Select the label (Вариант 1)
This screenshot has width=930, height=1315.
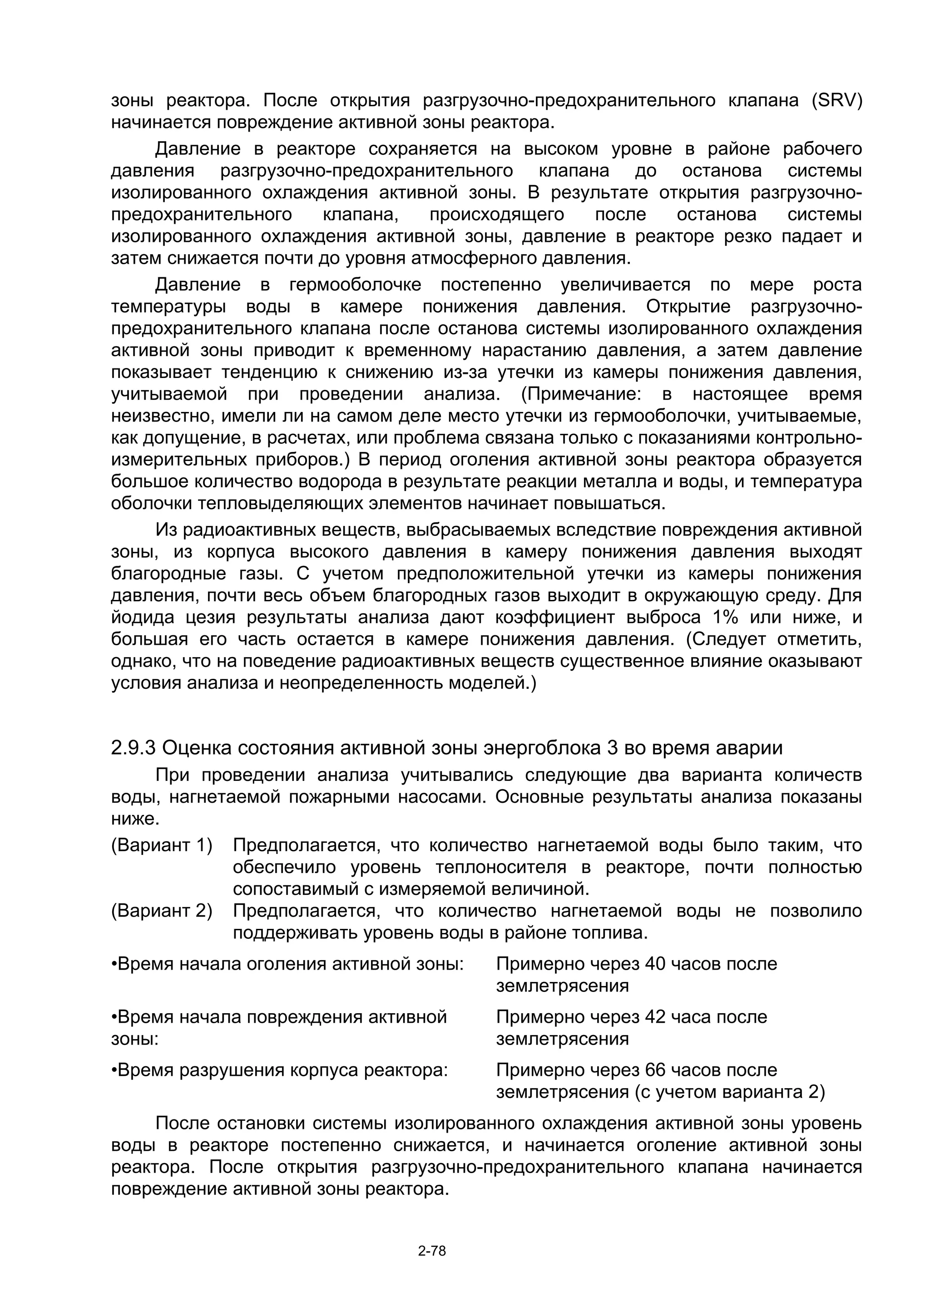coord(162,845)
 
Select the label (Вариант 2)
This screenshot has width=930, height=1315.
coord(162,911)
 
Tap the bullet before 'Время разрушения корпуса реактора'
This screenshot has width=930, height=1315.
coord(114,1071)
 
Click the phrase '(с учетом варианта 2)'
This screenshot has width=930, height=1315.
coord(729,1093)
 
